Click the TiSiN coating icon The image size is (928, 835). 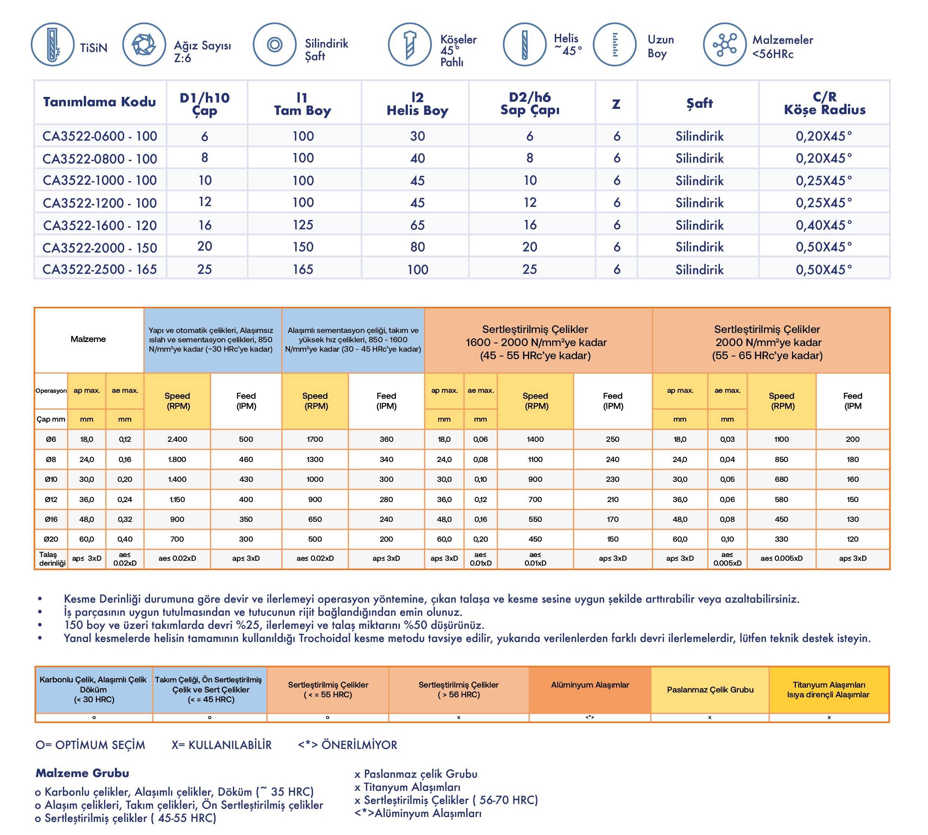[x=52, y=45]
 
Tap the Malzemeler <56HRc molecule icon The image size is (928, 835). [x=725, y=45]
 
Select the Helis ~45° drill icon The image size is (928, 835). [x=525, y=45]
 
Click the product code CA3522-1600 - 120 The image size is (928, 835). [x=100, y=225]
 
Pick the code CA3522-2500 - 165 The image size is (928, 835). [x=100, y=269]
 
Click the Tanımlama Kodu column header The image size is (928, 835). [x=100, y=102]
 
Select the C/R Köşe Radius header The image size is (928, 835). [x=824, y=103]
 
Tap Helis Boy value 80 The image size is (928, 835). [x=417, y=247]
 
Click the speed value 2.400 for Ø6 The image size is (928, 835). [x=177, y=439]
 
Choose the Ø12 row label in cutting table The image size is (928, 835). [x=51, y=499]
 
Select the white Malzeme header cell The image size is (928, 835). [x=88, y=339]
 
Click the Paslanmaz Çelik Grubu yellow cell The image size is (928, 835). [x=710, y=689]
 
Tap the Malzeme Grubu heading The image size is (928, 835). [x=82, y=773]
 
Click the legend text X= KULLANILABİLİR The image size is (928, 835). [x=222, y=744]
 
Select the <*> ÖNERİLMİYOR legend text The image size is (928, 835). [x=347, y=744]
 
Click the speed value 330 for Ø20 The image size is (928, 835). [x=781, y=539]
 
